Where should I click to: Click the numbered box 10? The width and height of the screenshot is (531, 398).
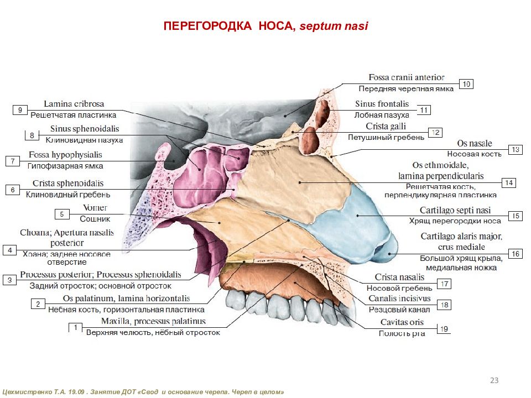[466, 84]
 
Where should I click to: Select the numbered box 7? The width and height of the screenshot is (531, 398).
[13, 161]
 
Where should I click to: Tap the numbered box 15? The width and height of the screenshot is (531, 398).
[516, 216]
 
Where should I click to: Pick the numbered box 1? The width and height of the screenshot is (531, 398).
[76, 328]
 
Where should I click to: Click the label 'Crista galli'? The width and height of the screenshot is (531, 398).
[386, 126]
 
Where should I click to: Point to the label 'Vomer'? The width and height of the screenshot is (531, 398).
[95, 207]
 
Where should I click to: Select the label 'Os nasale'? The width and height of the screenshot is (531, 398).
[475, 144]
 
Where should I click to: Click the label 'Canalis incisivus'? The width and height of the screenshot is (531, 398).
[399, 298]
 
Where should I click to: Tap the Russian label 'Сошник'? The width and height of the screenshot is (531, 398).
[95, 219]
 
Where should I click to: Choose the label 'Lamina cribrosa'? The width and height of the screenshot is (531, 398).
[74, 104]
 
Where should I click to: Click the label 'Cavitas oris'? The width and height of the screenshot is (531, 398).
[402, 322]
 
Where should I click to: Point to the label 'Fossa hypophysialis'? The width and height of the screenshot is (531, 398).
[65, 155]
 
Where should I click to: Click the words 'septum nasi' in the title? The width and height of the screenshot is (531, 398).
[334, 26]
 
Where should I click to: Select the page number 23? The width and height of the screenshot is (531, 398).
[494, 380]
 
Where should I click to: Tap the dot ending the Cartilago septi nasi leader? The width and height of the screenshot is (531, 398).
[358, 216]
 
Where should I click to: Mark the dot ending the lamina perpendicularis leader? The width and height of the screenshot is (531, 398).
[300, 182]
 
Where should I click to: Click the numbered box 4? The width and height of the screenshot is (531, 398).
[10, 250]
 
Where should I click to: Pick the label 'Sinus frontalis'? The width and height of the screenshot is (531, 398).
[382, 104]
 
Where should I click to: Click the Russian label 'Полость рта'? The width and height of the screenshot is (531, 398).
[402, 333]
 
